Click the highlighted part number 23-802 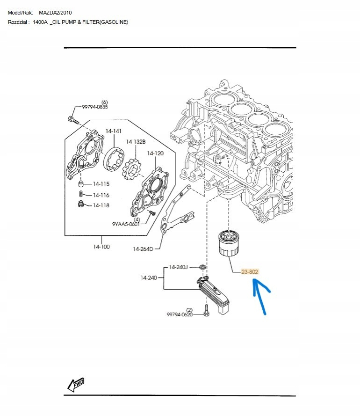(250, 271)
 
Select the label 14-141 (114, 131)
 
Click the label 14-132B (136, 142)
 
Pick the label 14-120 (155, 153)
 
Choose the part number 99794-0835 (95, 107)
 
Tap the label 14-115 (101, 184)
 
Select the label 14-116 (101, 195)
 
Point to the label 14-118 (101, 205)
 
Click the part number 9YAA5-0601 (126, 224)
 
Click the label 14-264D (143, 249)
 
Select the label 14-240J (178, 267)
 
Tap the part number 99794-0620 (180, 314)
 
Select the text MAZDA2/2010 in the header (56, 13)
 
